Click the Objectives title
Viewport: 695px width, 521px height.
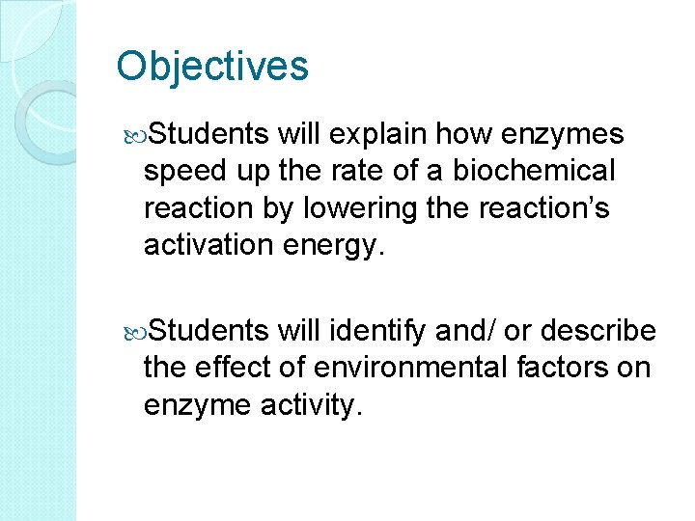coord(212,67)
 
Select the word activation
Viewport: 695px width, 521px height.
coord(209,245)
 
